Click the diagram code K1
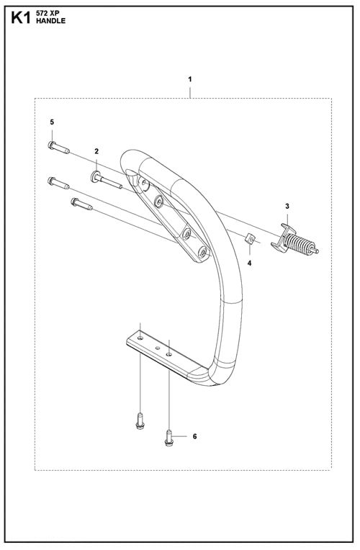(x=21, y=17)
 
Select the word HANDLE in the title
(x=50, y=21)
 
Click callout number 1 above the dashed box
(x=190, y=79)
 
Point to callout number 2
(x=96, y=151)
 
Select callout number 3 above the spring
(x=287, y=206)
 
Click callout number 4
(x=249, y=263)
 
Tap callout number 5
(x=52, y=122)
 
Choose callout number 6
(x=194, y=436)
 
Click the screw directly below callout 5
(x=58, y=147)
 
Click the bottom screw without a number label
(x=140, y=421)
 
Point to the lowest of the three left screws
(x=82, y=204)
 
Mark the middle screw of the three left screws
(x=58, y=183)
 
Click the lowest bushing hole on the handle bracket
(x=203, y=251)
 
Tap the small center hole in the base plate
(x=158, y=348)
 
